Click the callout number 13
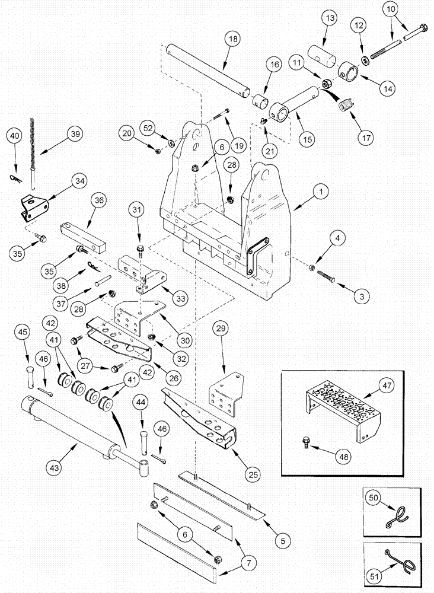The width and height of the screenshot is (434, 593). (329, 20)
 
